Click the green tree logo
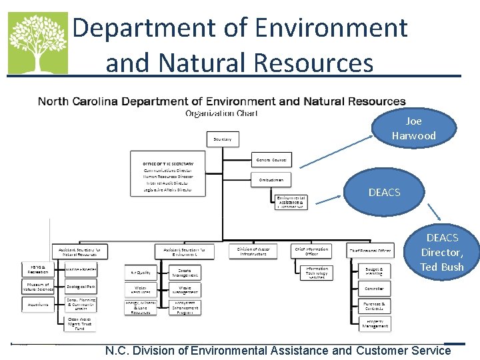[x=37, y=43]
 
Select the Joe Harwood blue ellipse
[x=413, y=129]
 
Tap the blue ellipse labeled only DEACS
[x=385, y=193]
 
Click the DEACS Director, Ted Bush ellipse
[x=441, y=252]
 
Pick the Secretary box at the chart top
[x=223, y=139]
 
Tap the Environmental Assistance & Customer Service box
[x=291, y=202]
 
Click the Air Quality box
[x=140, y=272]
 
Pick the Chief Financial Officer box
[x=370, y=251]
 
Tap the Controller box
[x=374, y=289]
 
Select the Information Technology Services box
[x=311, y=273]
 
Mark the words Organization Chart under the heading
[x=221, y=113]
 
